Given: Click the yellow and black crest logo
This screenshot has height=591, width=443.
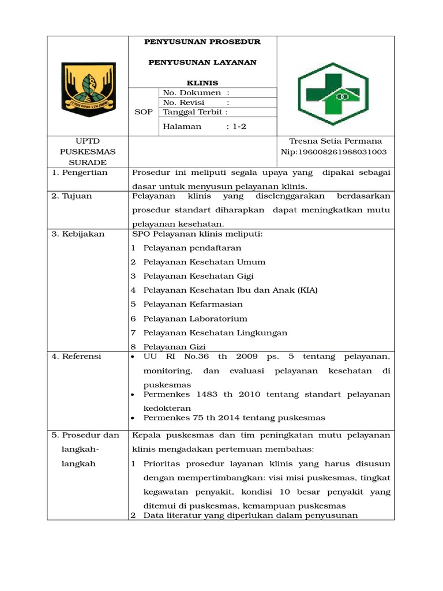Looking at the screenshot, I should [x=88, y=86].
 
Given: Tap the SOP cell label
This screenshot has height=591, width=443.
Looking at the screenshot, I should [x=144, y=111].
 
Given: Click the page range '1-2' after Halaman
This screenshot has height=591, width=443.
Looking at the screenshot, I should [x=239, y=126].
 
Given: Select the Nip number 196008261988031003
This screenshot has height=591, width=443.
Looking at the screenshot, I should [x=341, y=152].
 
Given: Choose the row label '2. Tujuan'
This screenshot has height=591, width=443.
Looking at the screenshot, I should [x=72, y=196].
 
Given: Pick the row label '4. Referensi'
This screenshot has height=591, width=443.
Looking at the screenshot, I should [x=76, y=356].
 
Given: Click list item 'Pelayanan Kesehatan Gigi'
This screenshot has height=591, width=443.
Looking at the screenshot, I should [x=198, y=276].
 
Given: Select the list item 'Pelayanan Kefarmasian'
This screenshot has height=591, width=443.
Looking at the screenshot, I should [x=193, y=304].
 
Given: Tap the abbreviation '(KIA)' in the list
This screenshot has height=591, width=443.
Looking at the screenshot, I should [x=307, y=290].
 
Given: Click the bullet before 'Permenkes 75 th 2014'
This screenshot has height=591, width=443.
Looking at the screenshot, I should [x=133, y=418].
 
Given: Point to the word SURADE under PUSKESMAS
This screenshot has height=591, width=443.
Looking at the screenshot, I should [x=88, y=162].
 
